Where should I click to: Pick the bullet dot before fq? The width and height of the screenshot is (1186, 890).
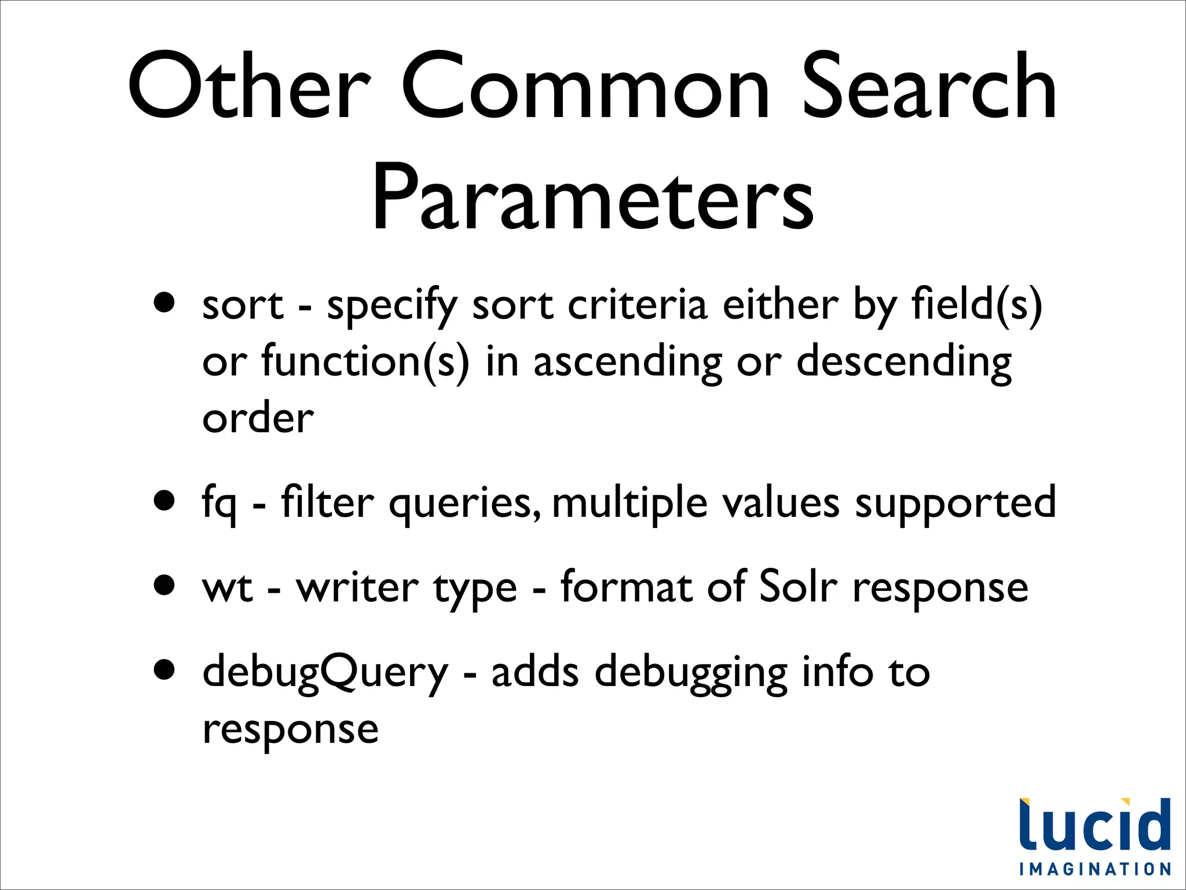165,500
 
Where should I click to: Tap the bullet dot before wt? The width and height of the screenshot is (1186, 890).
165,585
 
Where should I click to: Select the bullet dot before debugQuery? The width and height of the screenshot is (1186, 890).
165,669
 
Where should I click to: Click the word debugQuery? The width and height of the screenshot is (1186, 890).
325,672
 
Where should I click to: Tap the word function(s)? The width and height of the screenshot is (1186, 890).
365,362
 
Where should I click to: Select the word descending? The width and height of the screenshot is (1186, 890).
904,363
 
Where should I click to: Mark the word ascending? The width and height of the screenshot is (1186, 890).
628,363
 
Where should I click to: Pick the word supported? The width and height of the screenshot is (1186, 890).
956,503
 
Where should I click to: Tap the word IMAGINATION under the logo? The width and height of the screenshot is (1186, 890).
1095,869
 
